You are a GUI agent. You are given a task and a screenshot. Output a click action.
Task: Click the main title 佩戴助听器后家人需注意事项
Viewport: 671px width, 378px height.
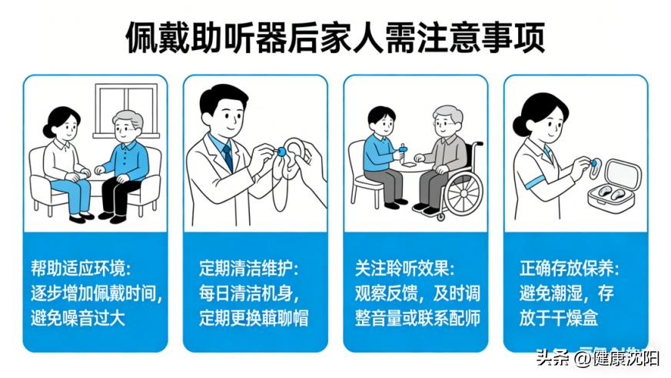pyautogui.click(x=335, y=38)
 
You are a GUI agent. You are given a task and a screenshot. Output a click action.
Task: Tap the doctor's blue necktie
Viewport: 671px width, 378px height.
pyautogui.click(x=228, y=156)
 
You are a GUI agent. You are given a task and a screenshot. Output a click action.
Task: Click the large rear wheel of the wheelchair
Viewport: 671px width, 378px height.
pyautogui.click(x=463, y=192)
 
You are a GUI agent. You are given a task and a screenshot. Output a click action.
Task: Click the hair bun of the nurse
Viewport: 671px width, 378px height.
pyautogui.click(x=520, y=125)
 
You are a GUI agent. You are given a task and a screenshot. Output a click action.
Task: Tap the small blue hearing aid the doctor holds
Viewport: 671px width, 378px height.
pyautogui.click(x=281, y=151)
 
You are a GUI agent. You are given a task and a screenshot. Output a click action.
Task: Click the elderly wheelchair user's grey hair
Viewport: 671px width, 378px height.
pyautogui.click(x=448, y=114)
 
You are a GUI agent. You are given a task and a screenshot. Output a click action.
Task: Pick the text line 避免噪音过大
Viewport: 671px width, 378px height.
pyautogui.click(x=78, y=319)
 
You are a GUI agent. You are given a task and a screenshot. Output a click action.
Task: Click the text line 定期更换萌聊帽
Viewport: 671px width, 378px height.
pyautogui.click(x=254, y=319)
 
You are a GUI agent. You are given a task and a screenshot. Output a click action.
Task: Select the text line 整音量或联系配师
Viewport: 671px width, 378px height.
pyautogui.click(x=417, y=319)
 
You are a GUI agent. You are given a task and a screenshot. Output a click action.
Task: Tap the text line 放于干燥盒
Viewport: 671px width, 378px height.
pyautogui.click(x=559, y=319)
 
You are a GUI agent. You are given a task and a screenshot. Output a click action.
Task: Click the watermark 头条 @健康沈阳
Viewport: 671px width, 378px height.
pyautogui.click(x=597, y=358)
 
